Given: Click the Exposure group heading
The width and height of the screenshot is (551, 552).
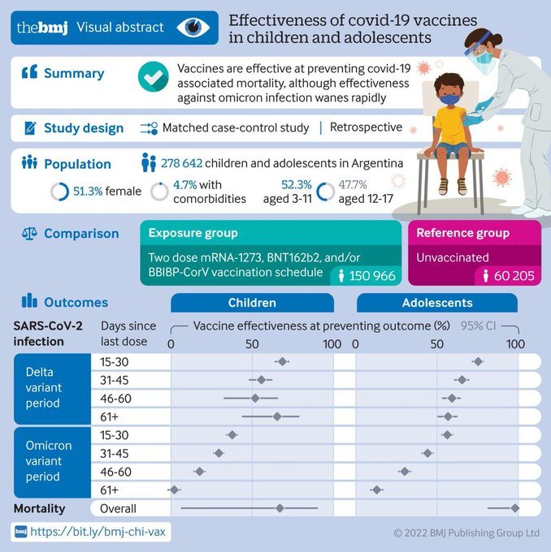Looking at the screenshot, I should (193, 233).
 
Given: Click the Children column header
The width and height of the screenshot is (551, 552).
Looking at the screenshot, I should (252, 303).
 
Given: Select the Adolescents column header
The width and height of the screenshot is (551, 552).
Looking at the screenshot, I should (437, 303).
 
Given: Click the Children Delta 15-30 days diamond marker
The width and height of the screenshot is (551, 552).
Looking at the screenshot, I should (282, 361).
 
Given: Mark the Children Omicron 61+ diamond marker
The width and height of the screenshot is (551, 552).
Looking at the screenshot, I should (174, 489).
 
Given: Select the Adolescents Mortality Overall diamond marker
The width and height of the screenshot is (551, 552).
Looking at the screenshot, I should (514, 508).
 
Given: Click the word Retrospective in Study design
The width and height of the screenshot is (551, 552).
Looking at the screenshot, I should (365, 127).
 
